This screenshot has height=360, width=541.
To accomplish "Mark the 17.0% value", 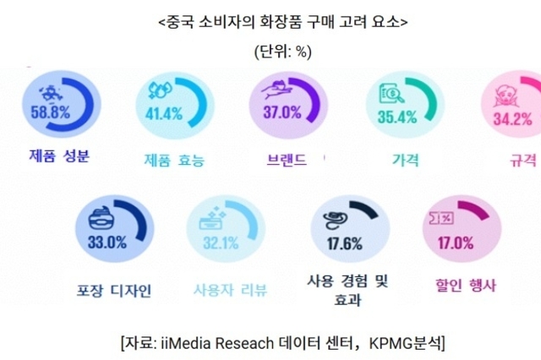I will point(455,243).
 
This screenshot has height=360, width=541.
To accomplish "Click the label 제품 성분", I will point(57,155).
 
